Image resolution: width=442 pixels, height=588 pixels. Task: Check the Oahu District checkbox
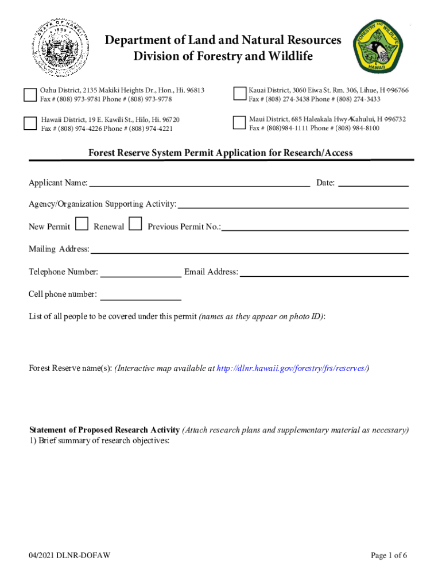[30, 95]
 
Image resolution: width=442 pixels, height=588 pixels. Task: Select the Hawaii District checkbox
[30, 123]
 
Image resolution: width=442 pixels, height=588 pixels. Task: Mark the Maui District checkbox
[239, 123]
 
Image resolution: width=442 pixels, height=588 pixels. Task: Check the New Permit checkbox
[82, 224]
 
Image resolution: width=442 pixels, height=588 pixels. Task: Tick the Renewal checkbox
[135, 224]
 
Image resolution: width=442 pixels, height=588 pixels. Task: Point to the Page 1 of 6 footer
[389, 555]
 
